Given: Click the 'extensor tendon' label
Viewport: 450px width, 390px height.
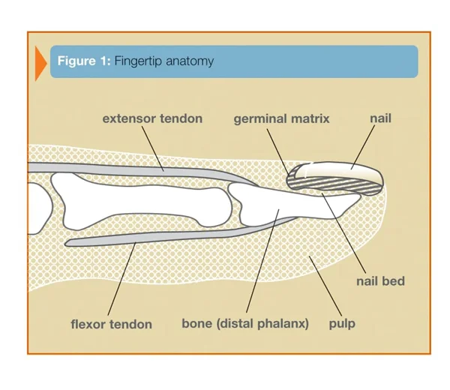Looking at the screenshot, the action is click(x=152, y=118).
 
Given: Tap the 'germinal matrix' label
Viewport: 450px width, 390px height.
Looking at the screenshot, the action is click(x=281, y=118).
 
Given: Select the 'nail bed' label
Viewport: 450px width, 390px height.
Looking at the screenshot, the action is click(x=380, y=281).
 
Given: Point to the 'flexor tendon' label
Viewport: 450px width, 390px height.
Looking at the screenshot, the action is click(x=111, y=324).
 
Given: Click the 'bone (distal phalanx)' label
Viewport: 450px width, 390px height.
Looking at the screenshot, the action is click(x=245, y=324).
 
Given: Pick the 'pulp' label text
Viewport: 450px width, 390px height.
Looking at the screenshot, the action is click(x=342, y=324).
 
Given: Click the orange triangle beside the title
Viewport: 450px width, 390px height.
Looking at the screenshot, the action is click(x=40, y=64).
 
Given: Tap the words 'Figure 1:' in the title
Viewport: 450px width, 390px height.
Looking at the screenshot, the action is click(x=84, y=61).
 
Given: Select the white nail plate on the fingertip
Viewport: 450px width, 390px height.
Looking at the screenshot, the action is click(x=339, y=170).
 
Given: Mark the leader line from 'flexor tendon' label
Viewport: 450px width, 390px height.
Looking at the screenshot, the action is click(x=121, y=279).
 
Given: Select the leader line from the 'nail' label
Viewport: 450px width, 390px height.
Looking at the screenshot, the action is click(x=363, y=147).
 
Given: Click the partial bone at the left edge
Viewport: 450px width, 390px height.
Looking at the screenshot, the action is click(x=40, y=208).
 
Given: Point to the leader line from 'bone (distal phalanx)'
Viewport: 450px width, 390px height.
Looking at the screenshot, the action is click(x=262, y=261).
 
